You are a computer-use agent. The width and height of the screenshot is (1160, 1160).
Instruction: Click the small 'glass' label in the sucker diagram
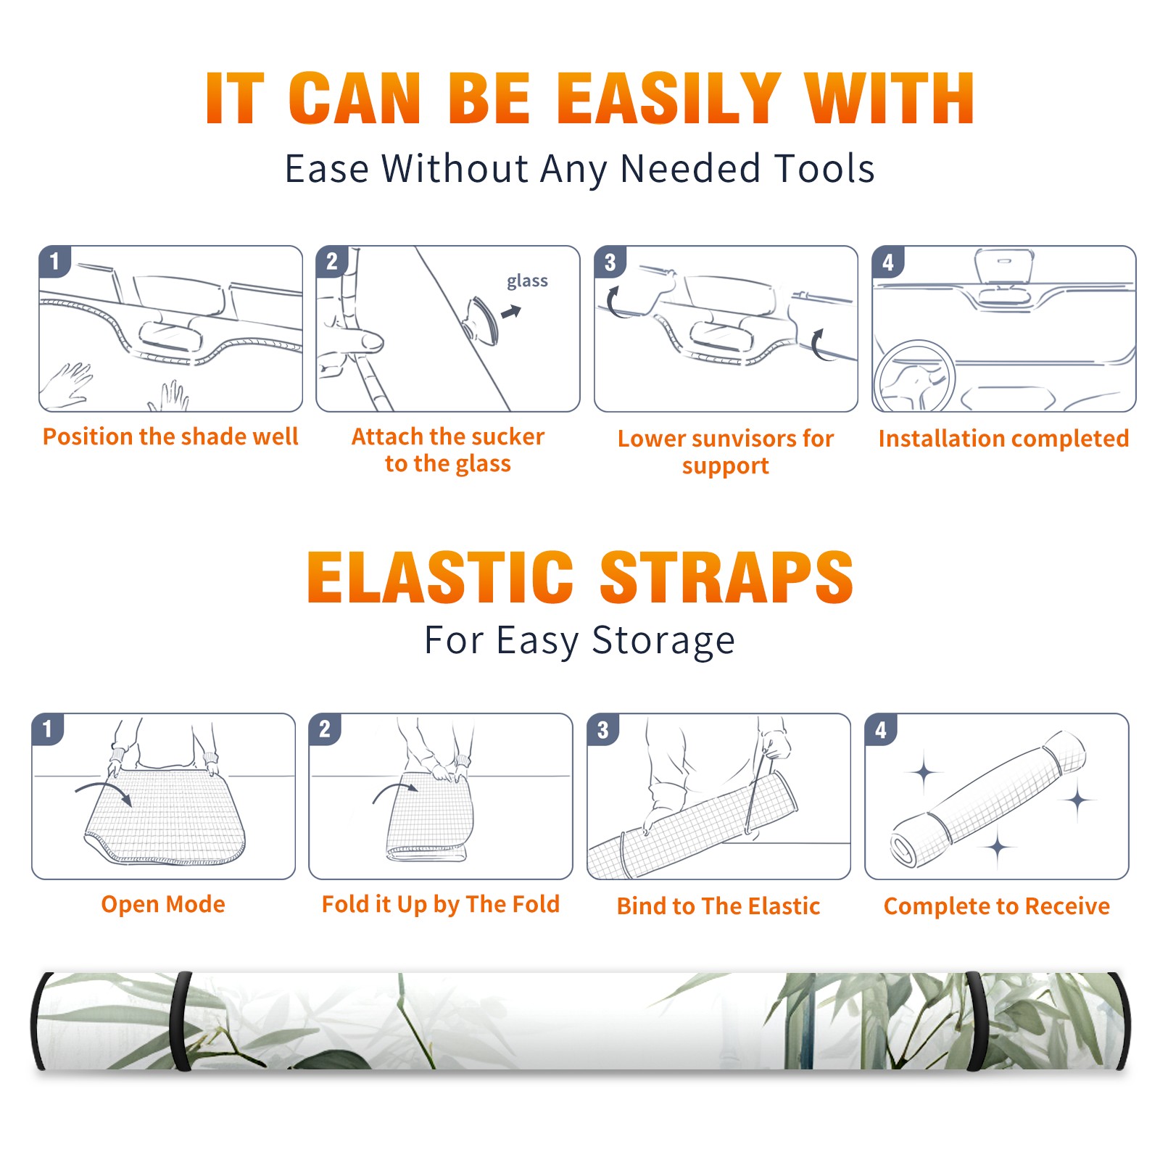click(x=527, y=281)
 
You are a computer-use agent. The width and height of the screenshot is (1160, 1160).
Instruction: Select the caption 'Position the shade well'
click(x=170, y=436)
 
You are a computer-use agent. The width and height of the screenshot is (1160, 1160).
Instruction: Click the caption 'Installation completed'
click(x=1003, y=438)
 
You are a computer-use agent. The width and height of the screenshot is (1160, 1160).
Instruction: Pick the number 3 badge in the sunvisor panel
click(x=610, y=262)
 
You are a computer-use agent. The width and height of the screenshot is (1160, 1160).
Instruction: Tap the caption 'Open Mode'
click(x=163, y=904)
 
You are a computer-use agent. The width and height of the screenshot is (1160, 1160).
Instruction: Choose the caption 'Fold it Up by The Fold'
click(x=441, y=905)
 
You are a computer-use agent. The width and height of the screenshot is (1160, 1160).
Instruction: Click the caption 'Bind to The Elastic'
click(x=718, y=906)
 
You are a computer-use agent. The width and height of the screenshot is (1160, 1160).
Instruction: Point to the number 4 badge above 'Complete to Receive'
click(x=881, y=729)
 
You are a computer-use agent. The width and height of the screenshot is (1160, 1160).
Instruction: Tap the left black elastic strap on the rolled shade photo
click(x=181, y=1022)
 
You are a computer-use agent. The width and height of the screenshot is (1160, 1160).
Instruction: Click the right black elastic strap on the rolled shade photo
click(x=977, y=1022)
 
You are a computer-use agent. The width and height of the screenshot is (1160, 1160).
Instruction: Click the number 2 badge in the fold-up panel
click(x=324, y=729)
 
